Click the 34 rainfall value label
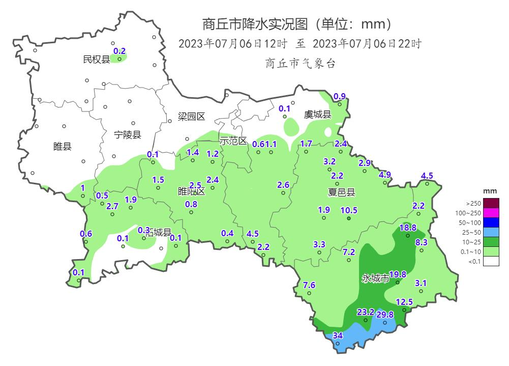[x=338, y=335]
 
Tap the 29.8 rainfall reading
[x=385, y=315]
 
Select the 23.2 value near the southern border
[x=366, y=312]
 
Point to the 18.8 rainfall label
[x=408, y=228]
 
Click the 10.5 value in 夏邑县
[x=349, y=210]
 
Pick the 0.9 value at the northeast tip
[x=339, y=96]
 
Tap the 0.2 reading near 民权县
[x=119, y=51]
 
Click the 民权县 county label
[x=96, y=60]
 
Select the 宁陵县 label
[x=128, y=135]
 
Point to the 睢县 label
[x=62, y=147]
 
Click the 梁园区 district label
[x=191, y=117]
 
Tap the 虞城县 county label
[x=317, y=115]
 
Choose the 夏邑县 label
[x=341, y=192]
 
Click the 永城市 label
[x=375, y=278]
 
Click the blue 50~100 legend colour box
[x=491, y=222]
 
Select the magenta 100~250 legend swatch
[x=491, y=213]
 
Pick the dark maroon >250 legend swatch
[x=491, y=203]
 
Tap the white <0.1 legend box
[x=491, y=261]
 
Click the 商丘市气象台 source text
[x=300, y=63]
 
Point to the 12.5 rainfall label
[x=404, y=302]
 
